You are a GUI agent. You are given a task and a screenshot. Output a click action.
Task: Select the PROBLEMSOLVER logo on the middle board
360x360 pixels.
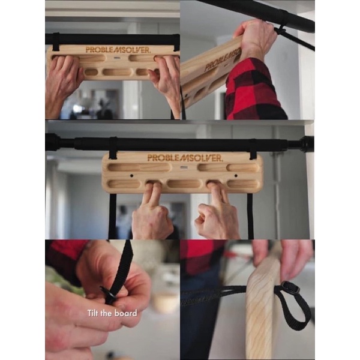tap(185, 158)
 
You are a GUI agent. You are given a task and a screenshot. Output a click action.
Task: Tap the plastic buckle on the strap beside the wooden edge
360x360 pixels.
tap(290, 288)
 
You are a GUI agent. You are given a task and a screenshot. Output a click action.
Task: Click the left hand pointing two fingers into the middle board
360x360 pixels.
tap(151, 213)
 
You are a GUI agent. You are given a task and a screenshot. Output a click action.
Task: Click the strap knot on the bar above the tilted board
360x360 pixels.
tap(280, 29)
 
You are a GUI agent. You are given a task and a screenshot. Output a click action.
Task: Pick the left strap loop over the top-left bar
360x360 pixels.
tap(55, 41)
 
